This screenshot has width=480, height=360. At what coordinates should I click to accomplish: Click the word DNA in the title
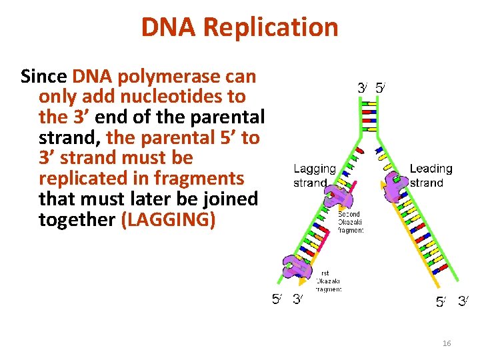[169, 27]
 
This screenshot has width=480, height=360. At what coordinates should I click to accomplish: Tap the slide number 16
[447, 343]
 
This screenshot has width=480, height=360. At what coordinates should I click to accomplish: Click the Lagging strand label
[315, 176]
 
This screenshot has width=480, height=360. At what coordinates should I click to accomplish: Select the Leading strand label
[431, 176]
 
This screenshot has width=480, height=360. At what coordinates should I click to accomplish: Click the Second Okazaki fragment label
[351, 223]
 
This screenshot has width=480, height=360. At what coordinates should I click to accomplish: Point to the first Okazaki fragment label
[329, 281]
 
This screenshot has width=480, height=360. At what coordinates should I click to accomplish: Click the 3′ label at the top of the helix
[362, 87]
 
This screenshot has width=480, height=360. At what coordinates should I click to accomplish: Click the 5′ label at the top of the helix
[380, 87]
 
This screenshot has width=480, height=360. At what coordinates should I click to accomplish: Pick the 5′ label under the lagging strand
[276, 299]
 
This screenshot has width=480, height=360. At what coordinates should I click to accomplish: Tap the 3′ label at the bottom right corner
[463, 301]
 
